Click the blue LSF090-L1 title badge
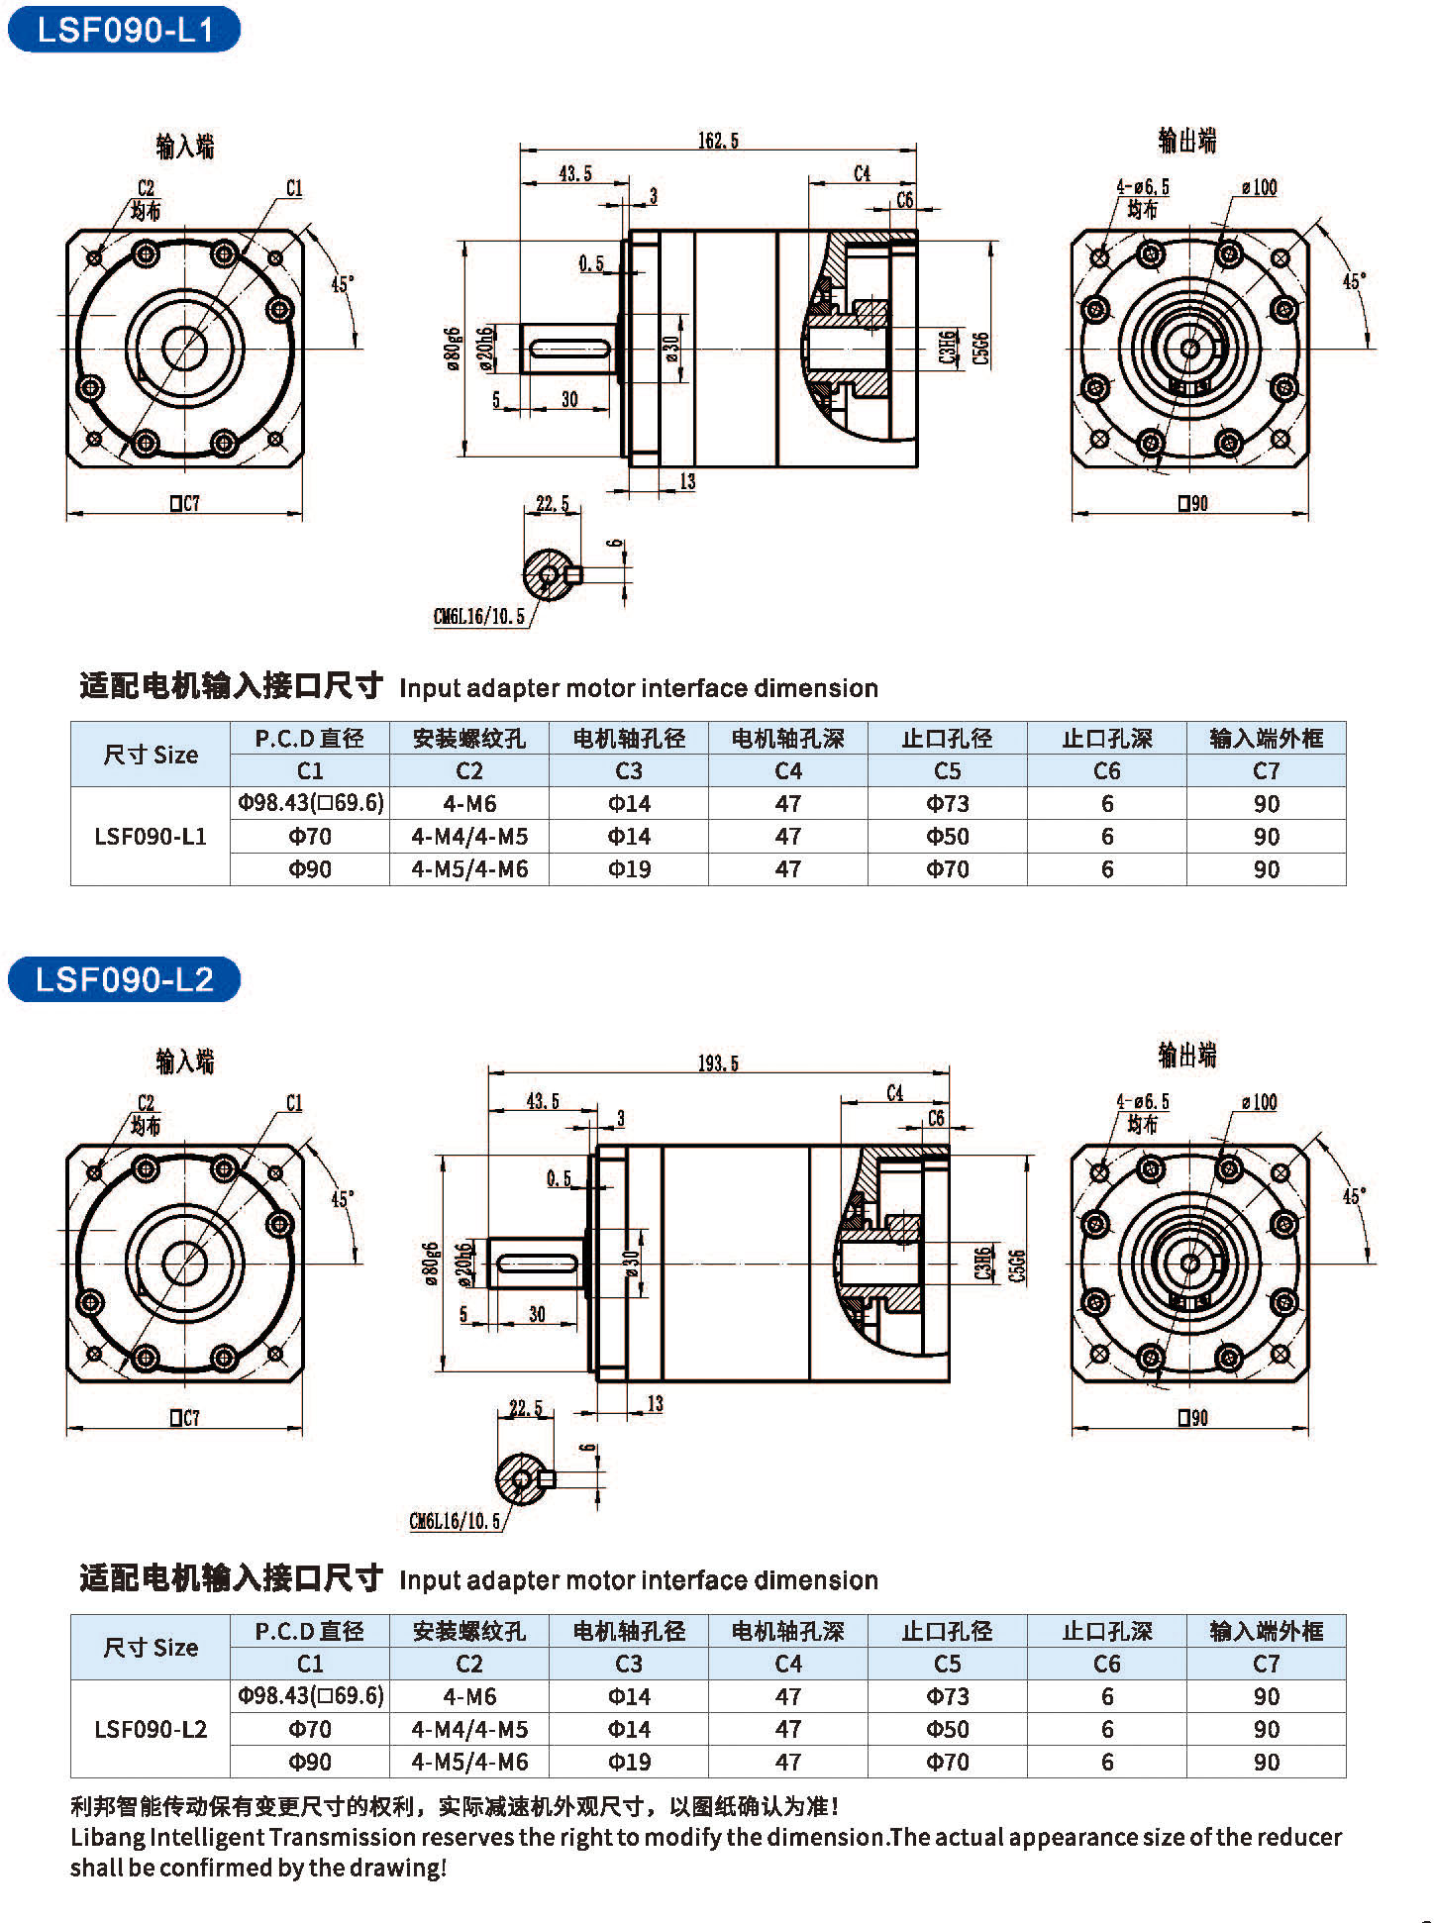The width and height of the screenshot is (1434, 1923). [x=124, y=30]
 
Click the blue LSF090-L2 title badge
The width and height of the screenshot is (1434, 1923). [x=124, y=979]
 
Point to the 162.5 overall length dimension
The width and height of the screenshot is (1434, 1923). [x=718, y=141]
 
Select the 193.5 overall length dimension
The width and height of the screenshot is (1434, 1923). [x=718, y=1063]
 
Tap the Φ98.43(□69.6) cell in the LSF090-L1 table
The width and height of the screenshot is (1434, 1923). [x=310, y=803]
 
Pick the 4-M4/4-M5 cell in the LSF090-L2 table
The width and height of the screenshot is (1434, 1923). [x=469, y=1729]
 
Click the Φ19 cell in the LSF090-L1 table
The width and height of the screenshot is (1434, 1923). [x=629, y=869]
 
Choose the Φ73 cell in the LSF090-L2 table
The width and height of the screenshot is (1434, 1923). [x=947, y=1696]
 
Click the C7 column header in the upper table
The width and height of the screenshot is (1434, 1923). [x=1266, y=770]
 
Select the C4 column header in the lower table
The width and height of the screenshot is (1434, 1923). [x=787, y=1664]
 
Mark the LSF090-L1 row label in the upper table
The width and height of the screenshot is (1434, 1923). [x=151, y=837]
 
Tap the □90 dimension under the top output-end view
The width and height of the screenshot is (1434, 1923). [x=1192, y=503]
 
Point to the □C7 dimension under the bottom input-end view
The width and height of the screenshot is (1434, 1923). [x=184, y=1418]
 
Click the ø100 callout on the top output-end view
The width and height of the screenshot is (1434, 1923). [x=1259, y=187]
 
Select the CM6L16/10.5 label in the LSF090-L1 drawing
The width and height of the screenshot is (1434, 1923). [x=478, y=617]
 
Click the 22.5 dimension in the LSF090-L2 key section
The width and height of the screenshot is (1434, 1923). [x=526, y=1408]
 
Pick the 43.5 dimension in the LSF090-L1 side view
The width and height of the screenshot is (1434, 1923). [x=574, y=173]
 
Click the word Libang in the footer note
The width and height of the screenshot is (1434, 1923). [x=107, y=1837]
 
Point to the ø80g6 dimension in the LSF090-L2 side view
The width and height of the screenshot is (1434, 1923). [x=430, y=1264]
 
